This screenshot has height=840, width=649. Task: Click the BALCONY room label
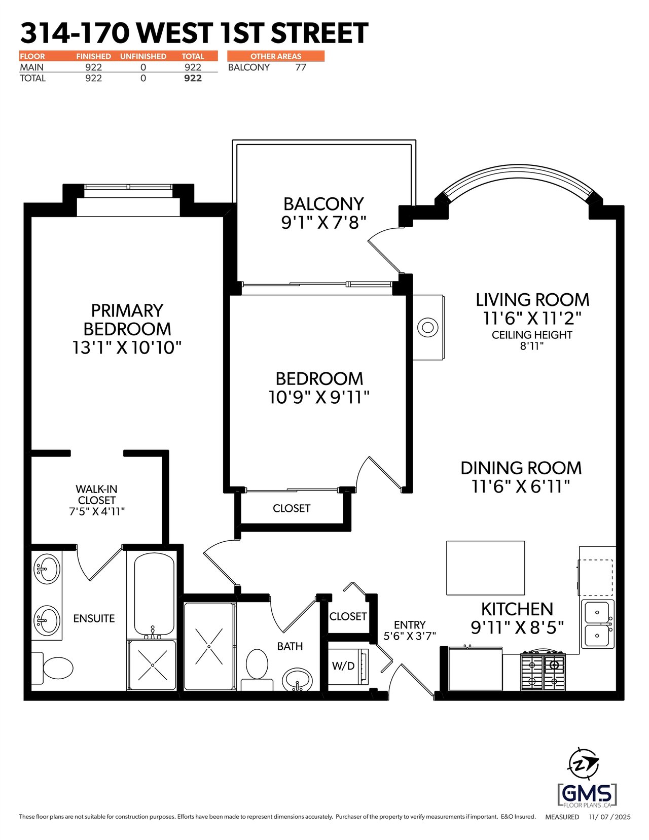point(323,204)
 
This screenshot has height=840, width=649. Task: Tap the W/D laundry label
point(343,666)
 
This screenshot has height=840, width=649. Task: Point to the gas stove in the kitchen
point(543,671)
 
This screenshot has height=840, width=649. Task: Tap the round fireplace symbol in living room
point(427,327)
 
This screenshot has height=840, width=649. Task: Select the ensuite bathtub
point(154,596)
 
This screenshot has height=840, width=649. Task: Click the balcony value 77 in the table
point(301,67)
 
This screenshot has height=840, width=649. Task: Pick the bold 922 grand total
point(193,78)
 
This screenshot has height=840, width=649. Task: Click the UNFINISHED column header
point(143,56)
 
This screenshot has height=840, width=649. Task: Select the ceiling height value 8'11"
point(531,346)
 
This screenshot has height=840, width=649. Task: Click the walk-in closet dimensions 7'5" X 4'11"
point(97,511)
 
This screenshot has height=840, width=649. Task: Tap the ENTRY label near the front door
point(410,625)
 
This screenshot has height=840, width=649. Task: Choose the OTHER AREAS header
point(276,56)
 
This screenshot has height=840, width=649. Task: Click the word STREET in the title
point(319,33)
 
